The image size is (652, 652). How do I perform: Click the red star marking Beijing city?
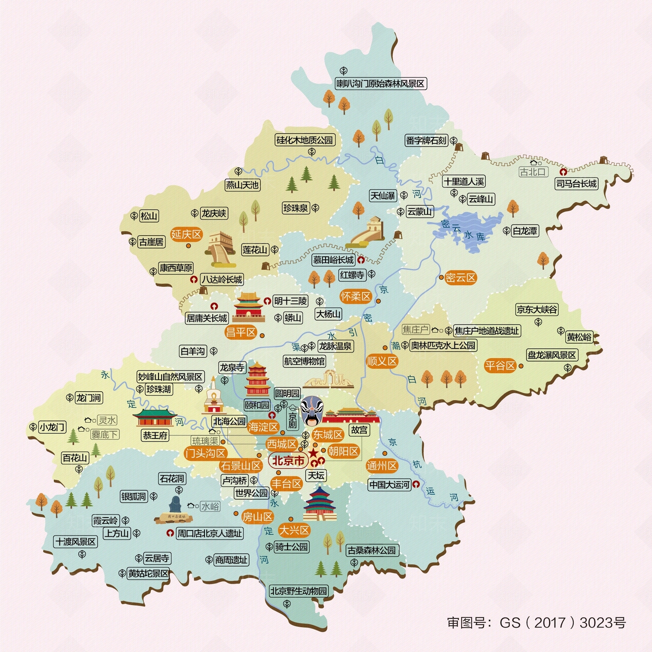click(313, 453)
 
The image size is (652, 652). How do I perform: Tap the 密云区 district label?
click(460, 278)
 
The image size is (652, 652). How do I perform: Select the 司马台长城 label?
click(576, 184)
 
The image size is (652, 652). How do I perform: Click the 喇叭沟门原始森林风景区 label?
click(380, 84)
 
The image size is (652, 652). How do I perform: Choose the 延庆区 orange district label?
click(186, 234)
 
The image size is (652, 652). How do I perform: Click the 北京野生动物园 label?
click(298, 591)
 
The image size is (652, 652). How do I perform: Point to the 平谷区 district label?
click(500, 366)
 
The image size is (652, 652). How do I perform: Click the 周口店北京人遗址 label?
click(209, 533)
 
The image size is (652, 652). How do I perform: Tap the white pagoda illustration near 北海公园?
click(212, 397)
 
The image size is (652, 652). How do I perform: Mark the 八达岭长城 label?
click(222, 280)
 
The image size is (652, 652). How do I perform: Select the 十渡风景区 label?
click(76, 542)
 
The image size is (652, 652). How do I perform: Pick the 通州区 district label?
click(381, 466)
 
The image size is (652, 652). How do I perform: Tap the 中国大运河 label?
click(389, 485)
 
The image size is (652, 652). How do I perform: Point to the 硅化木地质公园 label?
click(305, 140)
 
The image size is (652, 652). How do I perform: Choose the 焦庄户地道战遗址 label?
click(487, 331)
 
